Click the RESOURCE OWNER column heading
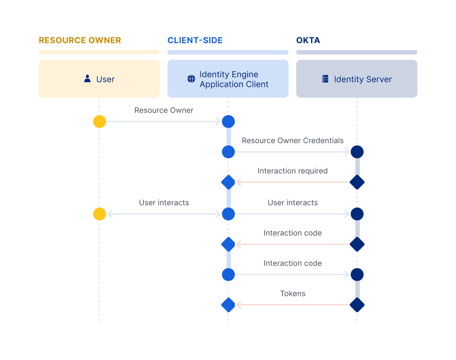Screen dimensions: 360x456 (x=80, y=40)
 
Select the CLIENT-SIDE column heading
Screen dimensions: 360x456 (x=195, y=40)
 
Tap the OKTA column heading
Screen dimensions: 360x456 (x=308, y=40)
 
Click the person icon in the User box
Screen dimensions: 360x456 (x=87, y=79)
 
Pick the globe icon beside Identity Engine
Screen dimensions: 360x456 (x=191, y=79)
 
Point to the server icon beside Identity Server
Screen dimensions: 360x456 (x=325, y=79)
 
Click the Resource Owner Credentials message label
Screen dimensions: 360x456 (x=292, y=141)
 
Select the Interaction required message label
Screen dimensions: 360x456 (x=292, y=171)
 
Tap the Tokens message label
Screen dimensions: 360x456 (x=292, y=293)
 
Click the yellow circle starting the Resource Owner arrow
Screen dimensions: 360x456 (x=99, y=122)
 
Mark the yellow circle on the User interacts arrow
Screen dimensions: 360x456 (x=99, y=214)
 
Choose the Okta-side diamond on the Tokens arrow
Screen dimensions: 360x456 (x=357, y=305)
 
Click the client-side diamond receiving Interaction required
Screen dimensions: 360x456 (x=228, y=182)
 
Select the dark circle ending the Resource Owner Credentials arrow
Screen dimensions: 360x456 (x=357, y=152)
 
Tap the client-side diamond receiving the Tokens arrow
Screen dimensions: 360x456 (x=228, y=305)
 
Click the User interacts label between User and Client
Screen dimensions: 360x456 (x=164, y=202)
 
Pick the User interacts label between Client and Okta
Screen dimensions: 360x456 (x=292, y=202)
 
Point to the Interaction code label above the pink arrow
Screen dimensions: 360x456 (x=292, y=233)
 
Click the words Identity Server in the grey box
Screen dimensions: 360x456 (x=363, y=79)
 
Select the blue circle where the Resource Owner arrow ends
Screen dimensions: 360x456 (x=228, y=122)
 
